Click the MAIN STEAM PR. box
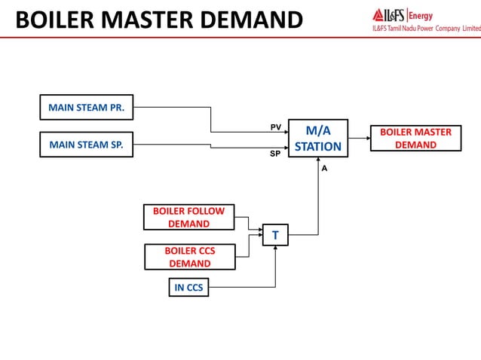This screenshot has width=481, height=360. click(86, 108)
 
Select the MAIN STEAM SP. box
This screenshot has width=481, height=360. click(86, 145)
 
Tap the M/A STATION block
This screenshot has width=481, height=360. click(317, 139)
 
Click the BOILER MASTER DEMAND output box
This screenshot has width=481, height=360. click(415, 139)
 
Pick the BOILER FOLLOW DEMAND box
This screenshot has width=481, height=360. click(188, 217)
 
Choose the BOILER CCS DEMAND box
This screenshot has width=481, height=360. click(189, 257)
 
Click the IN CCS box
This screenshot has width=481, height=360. click(188, 287)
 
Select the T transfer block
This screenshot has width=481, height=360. click(275, 236)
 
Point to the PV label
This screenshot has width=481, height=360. click(276, 127)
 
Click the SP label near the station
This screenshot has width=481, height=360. click(276, 153)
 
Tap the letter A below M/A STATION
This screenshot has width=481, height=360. click(324, 169)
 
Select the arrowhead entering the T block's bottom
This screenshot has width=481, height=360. click(275, 249)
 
